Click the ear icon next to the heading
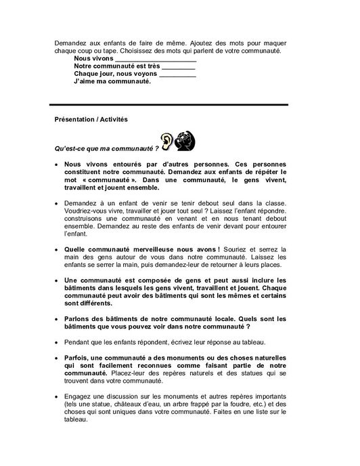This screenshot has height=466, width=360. point(166,140)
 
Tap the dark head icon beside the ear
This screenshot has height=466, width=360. point(186,140)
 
